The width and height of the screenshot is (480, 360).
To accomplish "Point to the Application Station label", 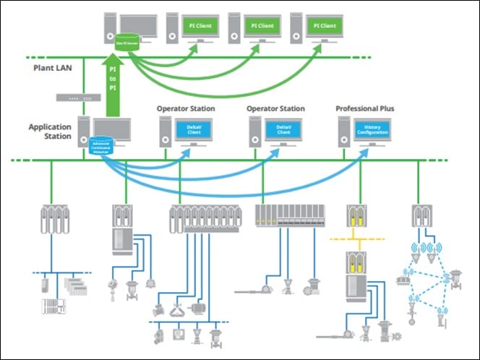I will pos(50,131).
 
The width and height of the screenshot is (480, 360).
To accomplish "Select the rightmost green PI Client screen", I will pos(324,25).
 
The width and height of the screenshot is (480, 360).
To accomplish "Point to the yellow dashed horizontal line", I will pos(359,237).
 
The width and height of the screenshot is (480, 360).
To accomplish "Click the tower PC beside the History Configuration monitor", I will pos(345,132).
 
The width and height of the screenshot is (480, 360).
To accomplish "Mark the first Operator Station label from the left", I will pos(186,108).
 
